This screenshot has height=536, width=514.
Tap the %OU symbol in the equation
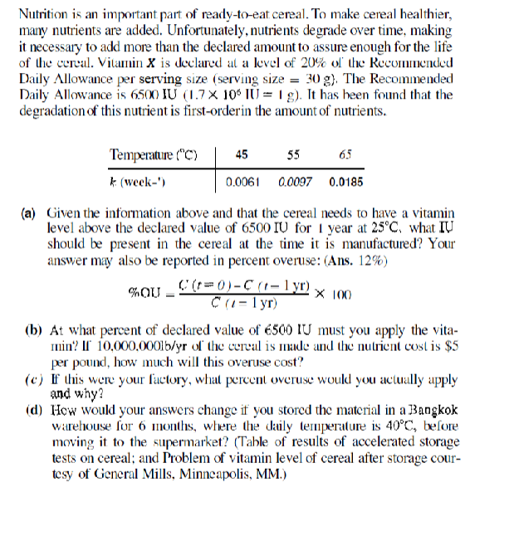pos(143,297)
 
